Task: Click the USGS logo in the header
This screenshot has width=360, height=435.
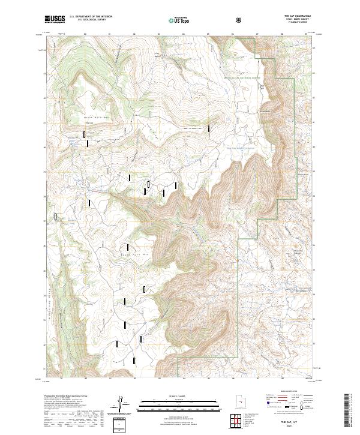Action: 55,19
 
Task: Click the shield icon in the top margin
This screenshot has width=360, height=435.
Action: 239,19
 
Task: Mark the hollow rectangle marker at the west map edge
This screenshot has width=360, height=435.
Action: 56,217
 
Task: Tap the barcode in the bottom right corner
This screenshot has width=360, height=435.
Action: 347,413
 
